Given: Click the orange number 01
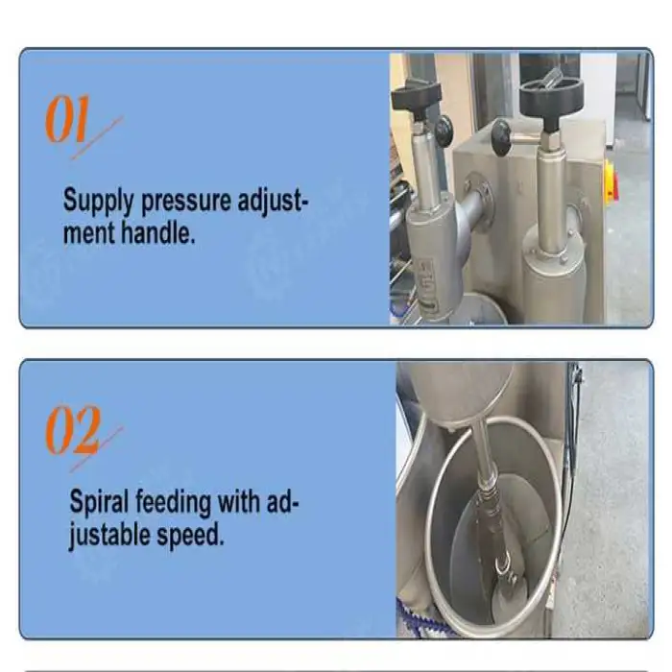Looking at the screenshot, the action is tap(68, 118).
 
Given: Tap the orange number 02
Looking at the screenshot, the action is tap(73, 429).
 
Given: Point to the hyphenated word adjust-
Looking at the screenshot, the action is tap(273, 201).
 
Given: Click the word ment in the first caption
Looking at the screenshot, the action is tap(88, 232).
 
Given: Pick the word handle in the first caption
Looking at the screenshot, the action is tap(157, 232).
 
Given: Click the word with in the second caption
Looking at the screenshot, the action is tap(239, 500).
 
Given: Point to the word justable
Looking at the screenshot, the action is tap(109, 536).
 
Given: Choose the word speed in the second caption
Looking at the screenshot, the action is tap(190, 536).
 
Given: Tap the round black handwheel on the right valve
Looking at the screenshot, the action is tap(552, 95).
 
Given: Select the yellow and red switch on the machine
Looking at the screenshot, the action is tap(612, 182).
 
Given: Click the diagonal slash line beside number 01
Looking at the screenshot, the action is tap(97, 138).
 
